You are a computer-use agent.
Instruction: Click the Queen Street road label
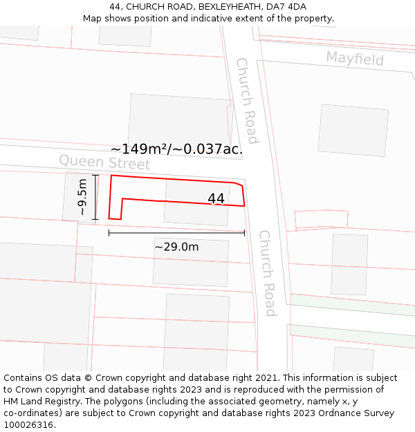coord(104,162)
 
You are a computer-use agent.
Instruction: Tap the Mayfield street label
coord(355,58)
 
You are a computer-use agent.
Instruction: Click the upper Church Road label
coord(246,100)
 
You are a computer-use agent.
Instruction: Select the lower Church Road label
coord(267,272)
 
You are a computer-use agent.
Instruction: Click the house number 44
coord(216,198)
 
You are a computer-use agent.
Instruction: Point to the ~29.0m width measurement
coord(176,247)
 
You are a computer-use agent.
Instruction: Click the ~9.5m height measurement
coord(83,197)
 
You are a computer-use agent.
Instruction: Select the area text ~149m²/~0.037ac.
coord(176,149)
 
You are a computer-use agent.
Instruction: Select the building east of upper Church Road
coord(353,130)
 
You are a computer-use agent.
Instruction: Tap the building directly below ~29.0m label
coord(190,263)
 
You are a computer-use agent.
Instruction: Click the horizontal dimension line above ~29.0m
coord(176,233)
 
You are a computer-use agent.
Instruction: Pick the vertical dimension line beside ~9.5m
coord(95,197)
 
